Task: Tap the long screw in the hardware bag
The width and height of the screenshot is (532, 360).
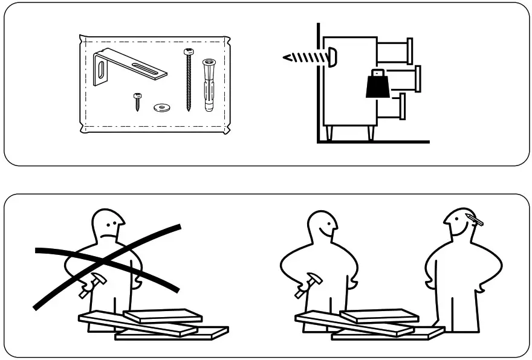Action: tap(189, 82)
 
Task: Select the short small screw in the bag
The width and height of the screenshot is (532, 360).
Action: tap(137, 101)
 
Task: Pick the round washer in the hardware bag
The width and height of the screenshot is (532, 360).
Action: tap(162, 108)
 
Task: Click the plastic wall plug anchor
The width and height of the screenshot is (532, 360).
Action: tap(209, 85)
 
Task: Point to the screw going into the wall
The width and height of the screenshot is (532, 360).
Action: tap(305, 57)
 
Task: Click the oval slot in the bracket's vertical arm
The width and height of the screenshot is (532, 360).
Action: tap(100, 66)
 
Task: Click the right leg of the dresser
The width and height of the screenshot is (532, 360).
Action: tap(369, 133)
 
